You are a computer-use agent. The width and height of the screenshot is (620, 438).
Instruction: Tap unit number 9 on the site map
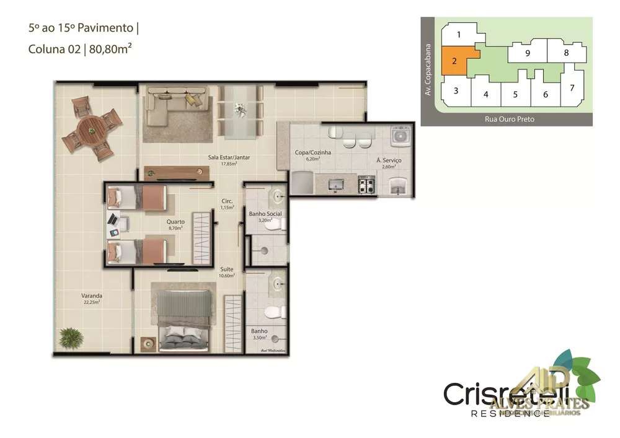[x=527, y=53]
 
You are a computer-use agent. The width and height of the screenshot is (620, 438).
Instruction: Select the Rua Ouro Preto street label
[x=509, y=119]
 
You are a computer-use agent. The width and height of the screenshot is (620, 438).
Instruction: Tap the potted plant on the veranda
[x=70, y=338]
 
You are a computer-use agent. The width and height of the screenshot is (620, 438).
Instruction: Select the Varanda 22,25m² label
[x=91, y=299]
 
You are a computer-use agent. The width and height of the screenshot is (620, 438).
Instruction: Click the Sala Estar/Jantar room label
[x=229, y=160]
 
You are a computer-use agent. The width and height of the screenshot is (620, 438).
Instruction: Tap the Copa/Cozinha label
[x=313, y=155]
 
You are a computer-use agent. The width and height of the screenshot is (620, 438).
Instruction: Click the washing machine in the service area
[x=398, y=137]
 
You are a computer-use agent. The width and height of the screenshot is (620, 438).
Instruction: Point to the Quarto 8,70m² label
[x=176, y=224]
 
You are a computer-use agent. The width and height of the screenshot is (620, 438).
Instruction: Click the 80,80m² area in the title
[x=110, y=50]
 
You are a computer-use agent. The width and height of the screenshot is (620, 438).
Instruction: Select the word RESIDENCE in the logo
[x=510, y=413]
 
